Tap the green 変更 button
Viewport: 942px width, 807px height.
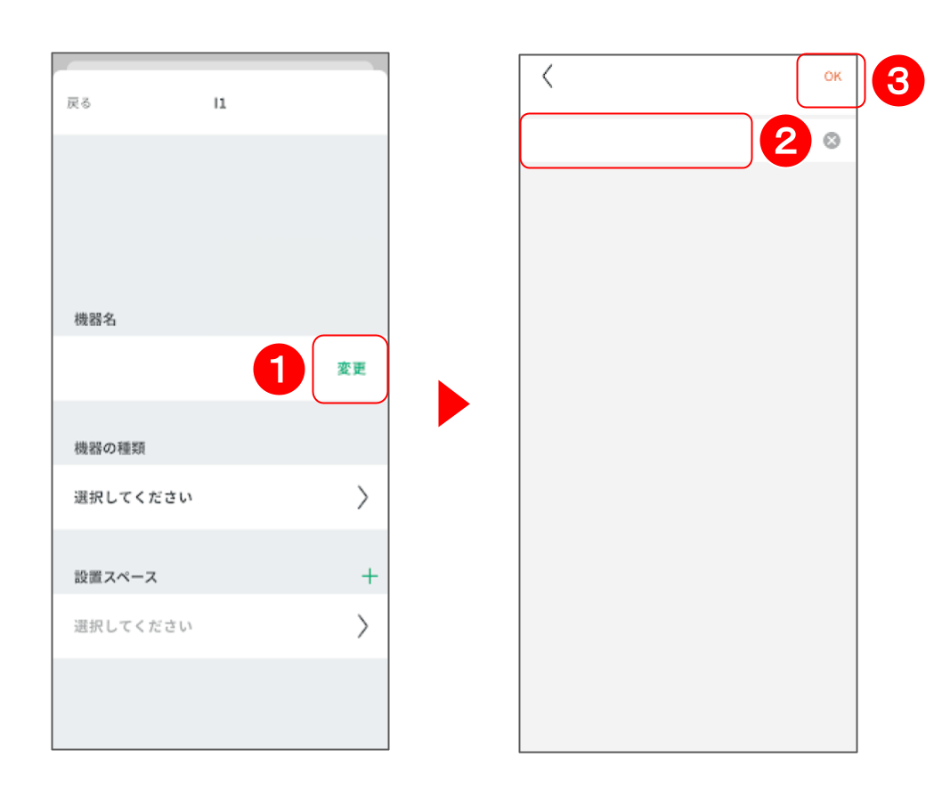click(352, 369)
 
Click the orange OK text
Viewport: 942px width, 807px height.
click(832, 77)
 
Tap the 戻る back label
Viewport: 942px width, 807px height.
click(78, 103)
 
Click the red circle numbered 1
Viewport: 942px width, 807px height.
click(279, 369)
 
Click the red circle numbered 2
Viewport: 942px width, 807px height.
click(786, 142)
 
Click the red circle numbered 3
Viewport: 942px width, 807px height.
click(898, 81)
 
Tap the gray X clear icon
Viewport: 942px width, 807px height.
click(832, 141)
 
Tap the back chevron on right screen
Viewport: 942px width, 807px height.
click(548, 77)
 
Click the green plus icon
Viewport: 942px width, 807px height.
click(369, 576)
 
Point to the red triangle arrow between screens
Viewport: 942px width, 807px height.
click(452, 403)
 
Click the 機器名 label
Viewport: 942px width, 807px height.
click(95, 319)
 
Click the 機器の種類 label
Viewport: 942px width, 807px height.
click(110, 448)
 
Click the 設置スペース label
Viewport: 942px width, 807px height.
click(116, 577)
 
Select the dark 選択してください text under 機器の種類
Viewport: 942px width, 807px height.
click(133, 497)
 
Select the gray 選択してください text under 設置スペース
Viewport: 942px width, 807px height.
click(133, 626)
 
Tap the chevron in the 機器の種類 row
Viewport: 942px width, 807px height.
click(362, 497)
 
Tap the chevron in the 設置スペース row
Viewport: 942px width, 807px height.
click(362, 626)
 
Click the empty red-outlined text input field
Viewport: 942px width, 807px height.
click(636, 141)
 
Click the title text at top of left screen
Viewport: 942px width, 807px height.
click(221, 103)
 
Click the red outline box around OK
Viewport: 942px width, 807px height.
click(798, 80)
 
